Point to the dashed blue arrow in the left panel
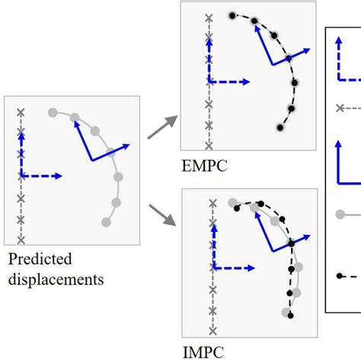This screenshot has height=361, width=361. coord(43,177)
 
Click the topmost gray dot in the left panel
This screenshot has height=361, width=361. coord(53,113)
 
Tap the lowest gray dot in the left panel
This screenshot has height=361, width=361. coord(106,223)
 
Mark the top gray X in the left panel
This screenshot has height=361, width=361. coord(21,112)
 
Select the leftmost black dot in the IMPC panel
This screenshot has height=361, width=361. coord(238,208)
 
